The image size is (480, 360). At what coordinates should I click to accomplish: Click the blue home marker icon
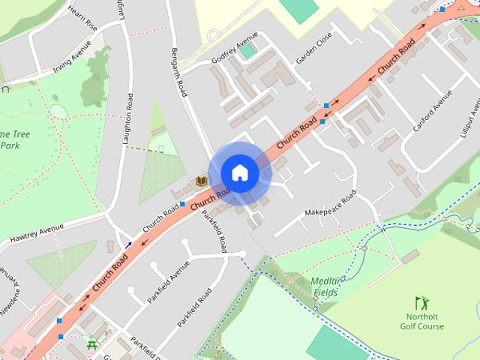(239, 173)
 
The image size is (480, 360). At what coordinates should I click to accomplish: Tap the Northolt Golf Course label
(421, 322)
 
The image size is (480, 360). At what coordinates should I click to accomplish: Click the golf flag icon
(421, 303)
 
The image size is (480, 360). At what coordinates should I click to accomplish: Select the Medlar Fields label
(325, 286)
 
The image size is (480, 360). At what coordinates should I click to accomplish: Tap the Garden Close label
(313, 50)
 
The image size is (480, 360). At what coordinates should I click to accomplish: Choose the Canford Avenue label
(433, 111)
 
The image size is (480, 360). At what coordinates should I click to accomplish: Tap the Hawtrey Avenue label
(37, 235)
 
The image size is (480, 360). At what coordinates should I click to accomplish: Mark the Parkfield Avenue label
(163, 281)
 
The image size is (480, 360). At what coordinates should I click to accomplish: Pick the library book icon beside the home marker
(200, 181)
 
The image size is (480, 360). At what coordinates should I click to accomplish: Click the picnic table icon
(92, 344)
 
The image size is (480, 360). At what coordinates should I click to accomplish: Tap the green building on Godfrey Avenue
(247, 51)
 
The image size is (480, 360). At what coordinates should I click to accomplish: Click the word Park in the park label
(9, 146)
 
